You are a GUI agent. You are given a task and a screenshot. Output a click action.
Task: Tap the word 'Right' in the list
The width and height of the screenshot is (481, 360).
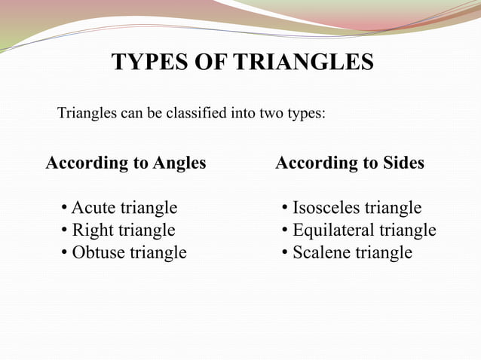[90, 230]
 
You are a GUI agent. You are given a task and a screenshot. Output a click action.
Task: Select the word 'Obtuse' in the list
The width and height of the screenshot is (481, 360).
[98, 253]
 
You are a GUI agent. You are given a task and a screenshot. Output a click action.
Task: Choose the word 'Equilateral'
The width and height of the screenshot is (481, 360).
[332, 230]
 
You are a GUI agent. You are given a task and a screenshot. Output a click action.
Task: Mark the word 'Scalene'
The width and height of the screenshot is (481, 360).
[320, 253]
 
